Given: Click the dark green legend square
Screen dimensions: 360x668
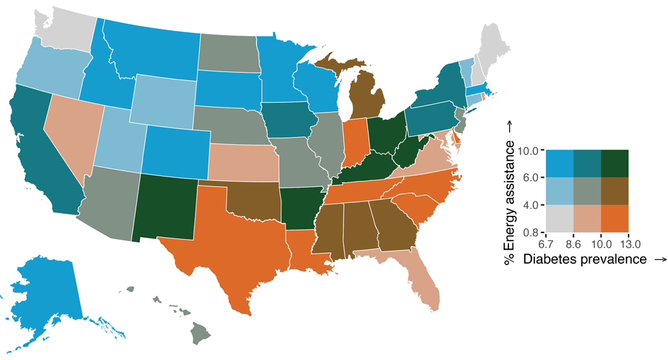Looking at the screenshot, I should tap(615, 163).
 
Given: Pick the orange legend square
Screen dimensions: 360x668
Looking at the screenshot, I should tap(615, 218).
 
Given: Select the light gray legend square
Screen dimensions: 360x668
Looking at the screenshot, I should tap(559, 218).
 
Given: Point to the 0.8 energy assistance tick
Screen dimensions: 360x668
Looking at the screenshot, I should tap(531, 232).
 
